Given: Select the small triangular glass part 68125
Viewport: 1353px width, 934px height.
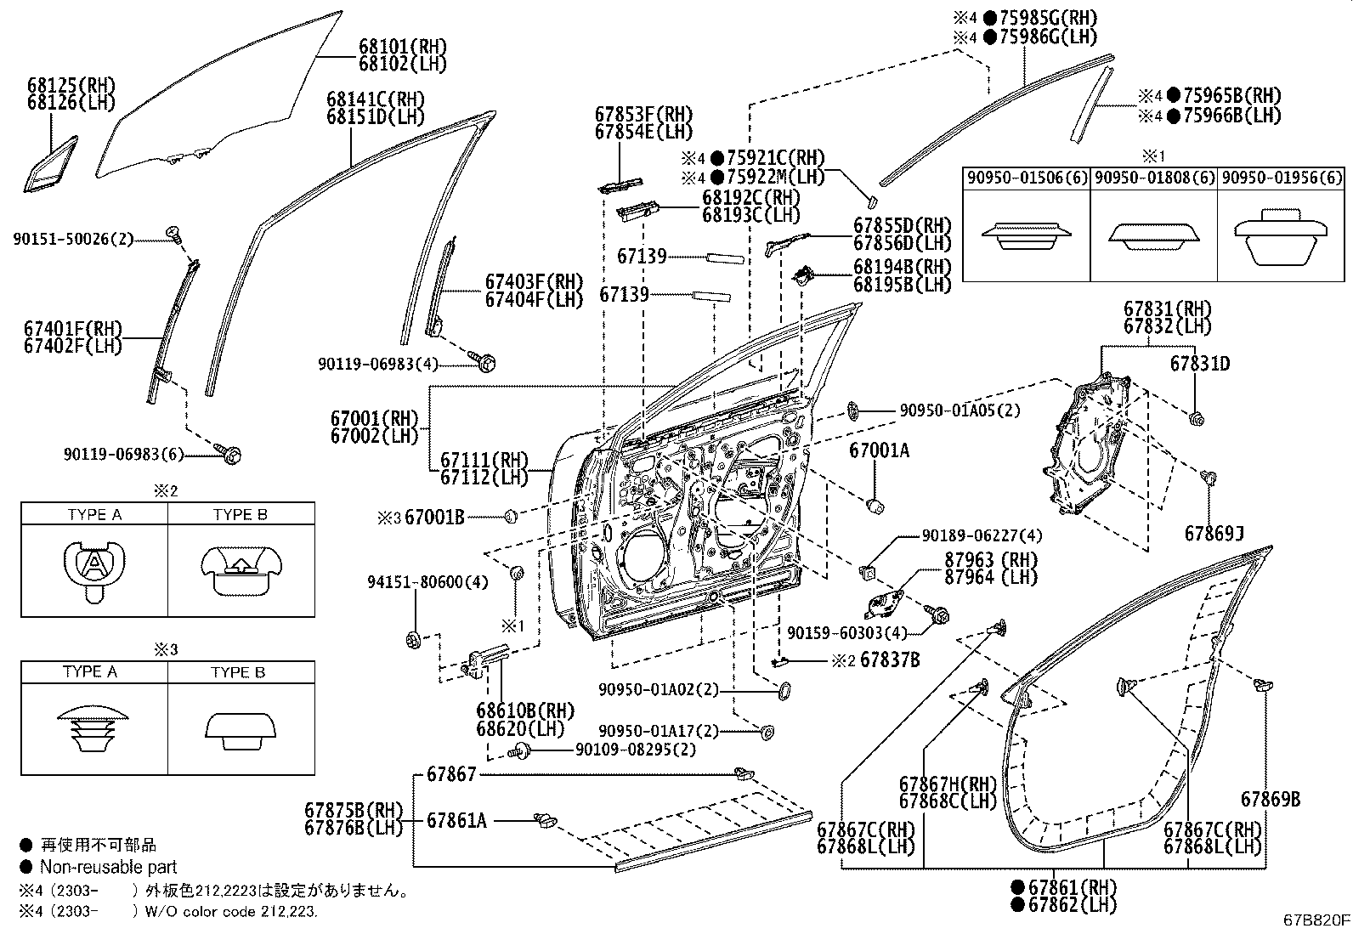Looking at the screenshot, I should pos(50,164).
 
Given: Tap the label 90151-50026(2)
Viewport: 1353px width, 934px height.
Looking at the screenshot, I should pos(73,241).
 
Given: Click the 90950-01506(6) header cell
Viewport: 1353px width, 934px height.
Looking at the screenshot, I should pos(1027,178).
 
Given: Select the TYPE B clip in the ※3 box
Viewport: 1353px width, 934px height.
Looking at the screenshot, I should pos(240,730).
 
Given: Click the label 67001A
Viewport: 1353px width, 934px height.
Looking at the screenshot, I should pos(879,451).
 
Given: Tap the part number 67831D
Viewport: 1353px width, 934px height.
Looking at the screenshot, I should pos(1200,364).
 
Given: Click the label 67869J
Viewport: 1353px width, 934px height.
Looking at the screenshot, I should pos(1214,534).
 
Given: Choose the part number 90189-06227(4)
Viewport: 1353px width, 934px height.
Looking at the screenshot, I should pos(982,536).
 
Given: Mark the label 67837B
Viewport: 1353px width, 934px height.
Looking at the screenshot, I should pos(890,659).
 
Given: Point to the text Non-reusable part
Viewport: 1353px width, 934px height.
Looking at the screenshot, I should pos(108,867).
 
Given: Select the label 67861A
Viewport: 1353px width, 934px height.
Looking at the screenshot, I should pos(456,820).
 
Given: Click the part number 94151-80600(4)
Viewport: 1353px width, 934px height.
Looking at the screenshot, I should pos(427,582).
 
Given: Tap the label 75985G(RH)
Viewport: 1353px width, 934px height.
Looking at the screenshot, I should pos(1048,18).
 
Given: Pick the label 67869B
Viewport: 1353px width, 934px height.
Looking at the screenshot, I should pos(1270,800).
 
